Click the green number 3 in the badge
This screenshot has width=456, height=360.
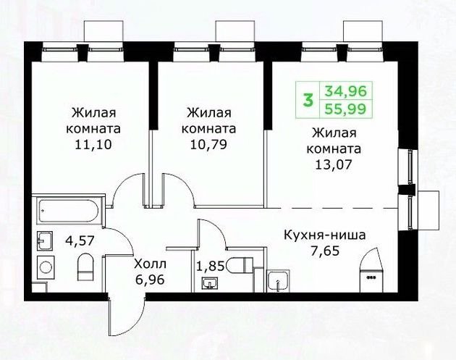pyautogui.click(x=308, y=100)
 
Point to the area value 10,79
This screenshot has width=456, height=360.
pyautogui.click(x=210, y=143)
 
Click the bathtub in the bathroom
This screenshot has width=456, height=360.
pyautogui.click(x=69, y=210)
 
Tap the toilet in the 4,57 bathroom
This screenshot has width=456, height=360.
pyautogui.click(x=85, y=266)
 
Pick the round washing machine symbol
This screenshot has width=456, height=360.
pyautogui.click(x=45, y=267)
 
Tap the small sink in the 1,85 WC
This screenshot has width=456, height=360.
pyautogui.click(x=212, y=282)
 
